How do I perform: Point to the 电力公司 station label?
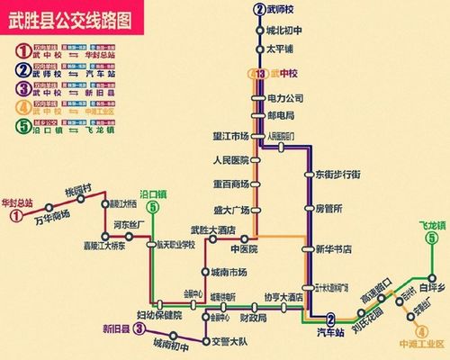click(x=286, y=97)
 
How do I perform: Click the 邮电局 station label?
click(x=281, y=115)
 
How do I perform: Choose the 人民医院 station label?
click(x=229, y=162)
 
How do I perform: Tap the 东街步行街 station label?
click(x=337, y=174)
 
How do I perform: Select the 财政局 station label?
click(x=252, y=318)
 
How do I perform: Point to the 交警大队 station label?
click(x=229, y=340)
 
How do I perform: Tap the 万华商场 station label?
click(x=51, y=220)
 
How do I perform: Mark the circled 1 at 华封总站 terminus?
click(x=15, y=216)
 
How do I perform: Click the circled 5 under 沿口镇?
click(x=154, y=208)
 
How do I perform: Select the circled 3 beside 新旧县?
click(x=139, y=328)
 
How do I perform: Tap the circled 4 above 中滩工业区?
click(x=402, y=329)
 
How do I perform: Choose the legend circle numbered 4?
click(x=21, y=109)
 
